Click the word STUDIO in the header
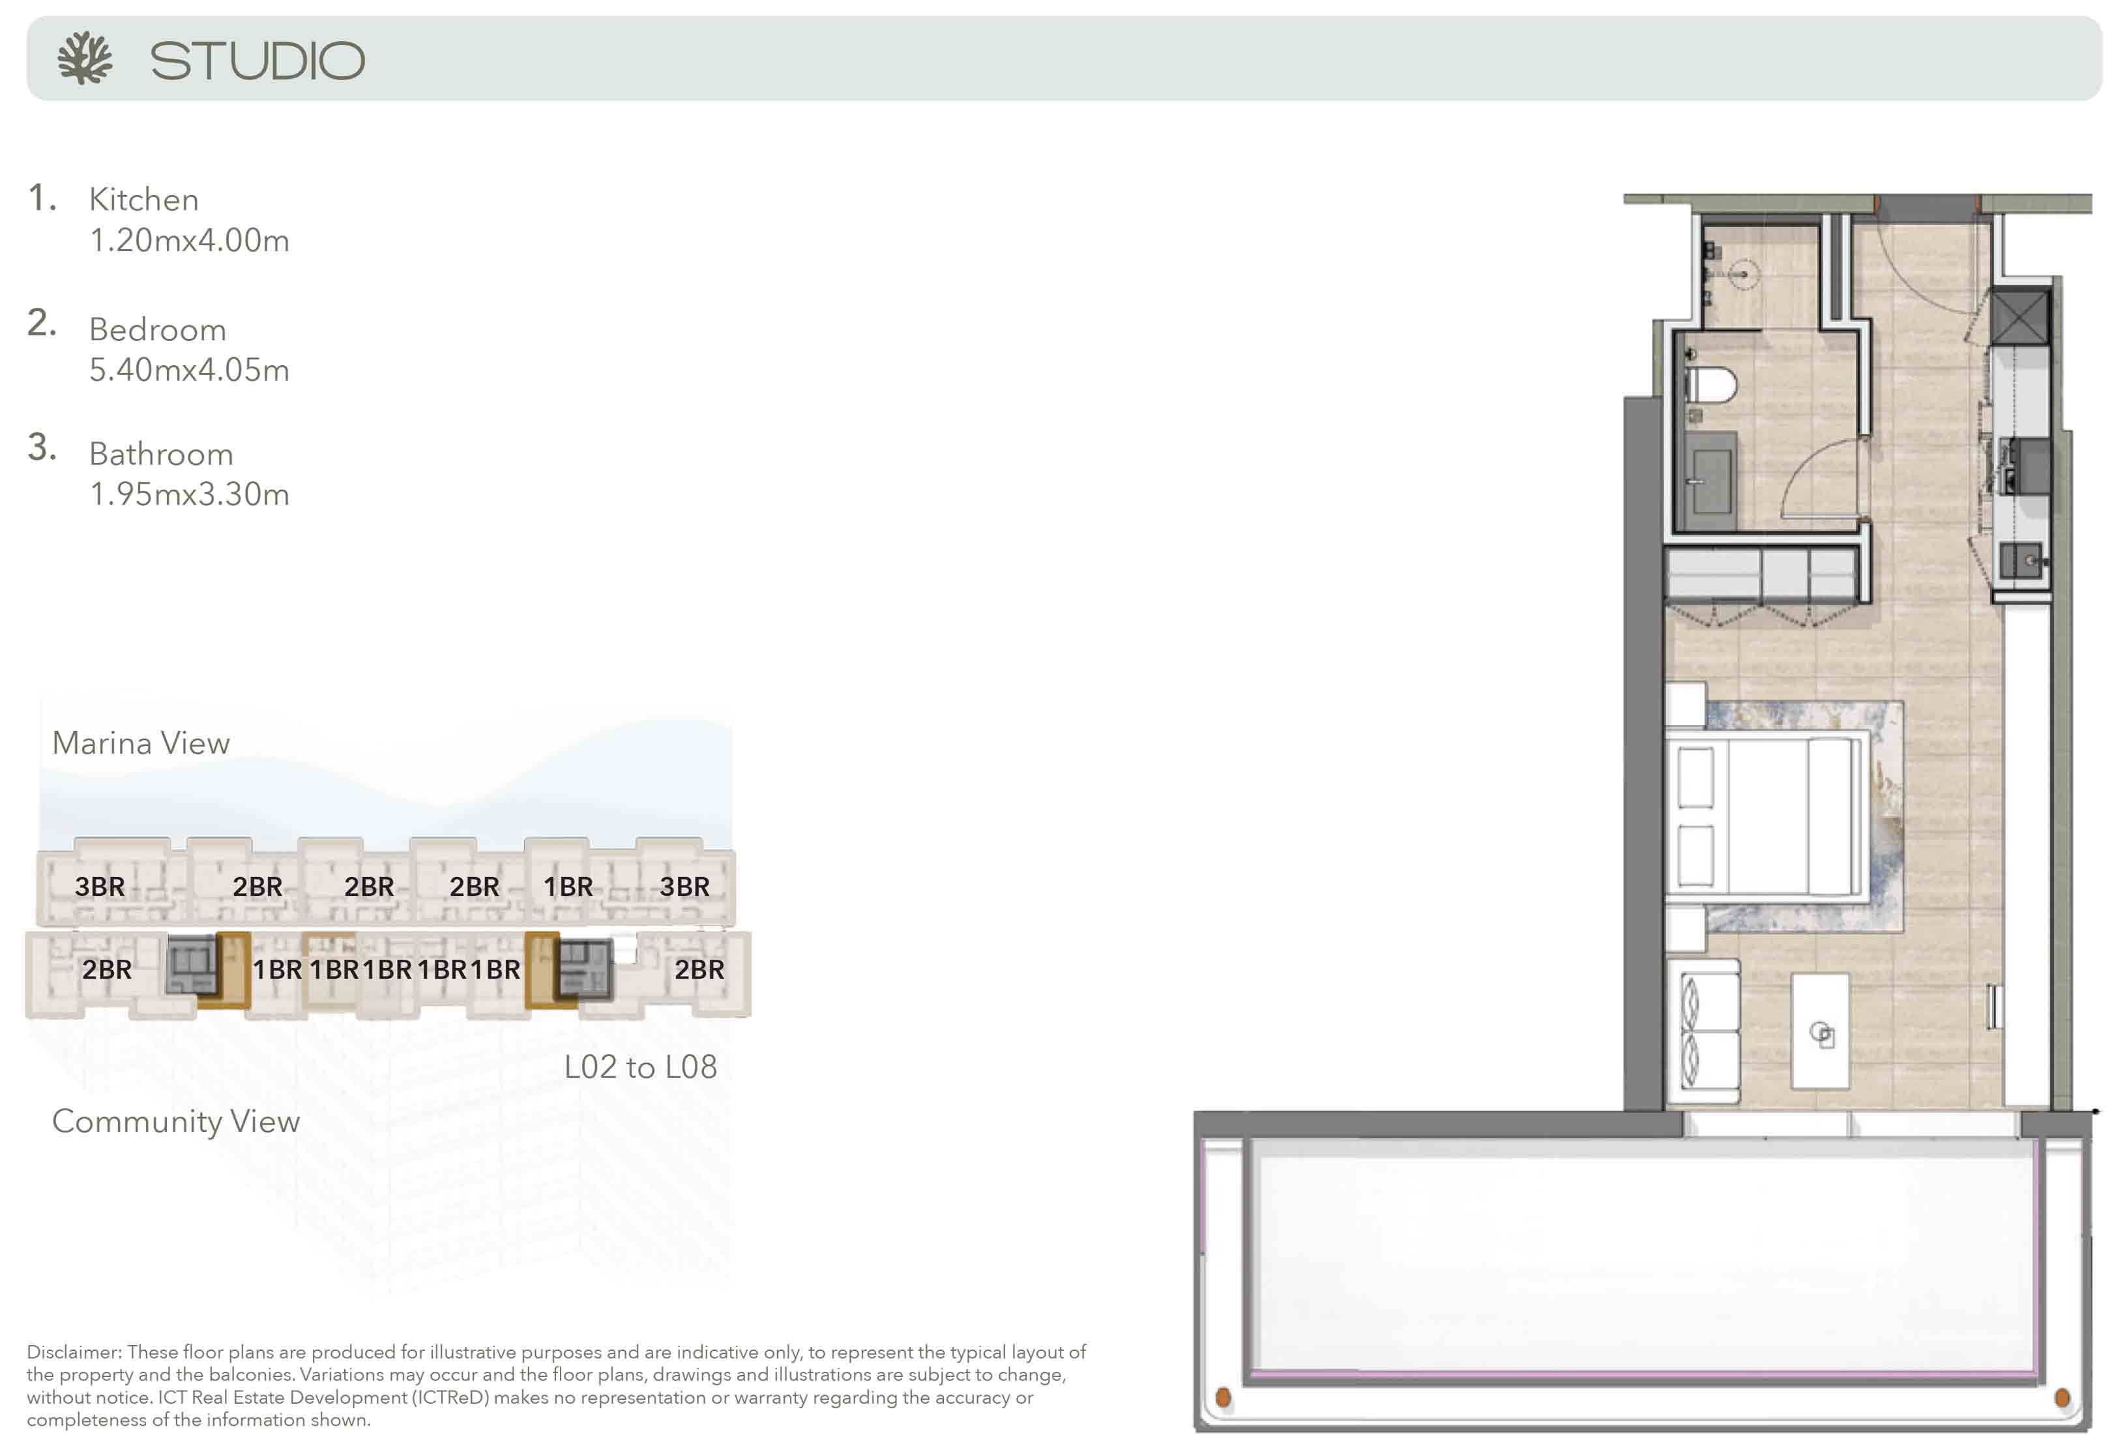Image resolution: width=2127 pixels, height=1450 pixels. (257, 61)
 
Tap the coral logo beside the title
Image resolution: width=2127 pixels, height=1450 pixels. (84, 59)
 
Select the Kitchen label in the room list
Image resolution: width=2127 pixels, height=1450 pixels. (143, 200)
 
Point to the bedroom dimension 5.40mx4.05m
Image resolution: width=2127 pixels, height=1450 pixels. (190, 370)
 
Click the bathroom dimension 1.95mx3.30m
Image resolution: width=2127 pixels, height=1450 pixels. (190, 494)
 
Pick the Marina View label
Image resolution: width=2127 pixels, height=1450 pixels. (141, 743)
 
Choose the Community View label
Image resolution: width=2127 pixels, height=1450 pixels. (176, 1121)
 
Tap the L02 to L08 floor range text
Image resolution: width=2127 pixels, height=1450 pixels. (641, 1067)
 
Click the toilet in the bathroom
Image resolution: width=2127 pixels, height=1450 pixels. (1710, 385)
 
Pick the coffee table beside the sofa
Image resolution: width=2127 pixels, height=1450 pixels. (1819, 1031)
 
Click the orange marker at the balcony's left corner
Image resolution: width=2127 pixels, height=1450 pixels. (1223, 1398)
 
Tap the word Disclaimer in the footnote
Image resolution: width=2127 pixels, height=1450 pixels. (73, 1352)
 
